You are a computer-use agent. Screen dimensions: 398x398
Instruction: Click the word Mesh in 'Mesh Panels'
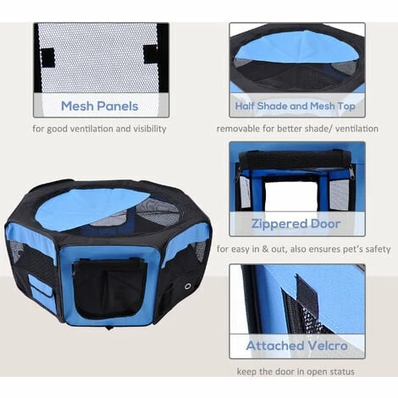pos(77,106)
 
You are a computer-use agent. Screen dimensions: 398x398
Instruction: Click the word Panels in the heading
pos(118,106)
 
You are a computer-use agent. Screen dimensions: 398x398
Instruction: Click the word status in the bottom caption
pos(341,372)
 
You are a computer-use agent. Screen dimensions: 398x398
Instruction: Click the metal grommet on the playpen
pos(188,286)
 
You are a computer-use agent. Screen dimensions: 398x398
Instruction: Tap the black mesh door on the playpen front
pos(109,289)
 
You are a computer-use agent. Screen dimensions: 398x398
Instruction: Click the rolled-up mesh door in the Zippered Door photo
pos(296,160)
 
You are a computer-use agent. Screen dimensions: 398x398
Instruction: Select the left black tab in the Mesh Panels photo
pos(47,57)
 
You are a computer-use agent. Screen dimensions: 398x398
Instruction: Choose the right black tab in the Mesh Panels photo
pos(151,53)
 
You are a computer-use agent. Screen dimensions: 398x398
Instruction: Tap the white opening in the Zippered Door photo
pos(291,196)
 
